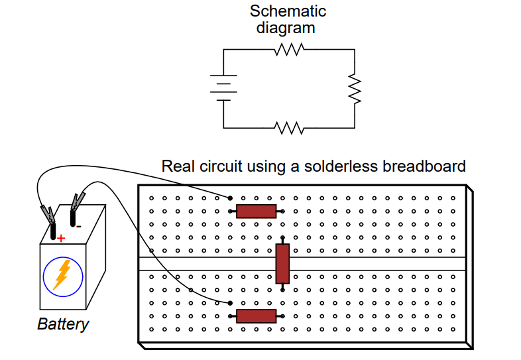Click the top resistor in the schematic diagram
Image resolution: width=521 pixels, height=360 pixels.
(x=289, y=50)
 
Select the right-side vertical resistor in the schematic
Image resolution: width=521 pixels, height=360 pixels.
(x=356, y=89)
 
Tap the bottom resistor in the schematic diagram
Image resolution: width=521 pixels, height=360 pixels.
(x=289, y=127)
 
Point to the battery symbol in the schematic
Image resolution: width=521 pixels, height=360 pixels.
(x=223, y=88)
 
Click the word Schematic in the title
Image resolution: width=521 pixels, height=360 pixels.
(x=288, y=11)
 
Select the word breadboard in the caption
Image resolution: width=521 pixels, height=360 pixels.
(x=424, y=166)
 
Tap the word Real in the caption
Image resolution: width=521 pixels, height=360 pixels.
(x=176, y=166)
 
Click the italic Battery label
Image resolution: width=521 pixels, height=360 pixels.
(x=62, y=325)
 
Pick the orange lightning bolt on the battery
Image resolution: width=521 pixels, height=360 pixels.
(x=62, y=274)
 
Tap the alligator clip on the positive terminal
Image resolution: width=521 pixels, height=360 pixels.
(x=48, y=215)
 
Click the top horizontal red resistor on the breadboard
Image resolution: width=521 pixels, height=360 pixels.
(x=257, y=211)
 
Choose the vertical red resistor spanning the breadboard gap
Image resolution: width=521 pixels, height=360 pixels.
(x=283, y=263)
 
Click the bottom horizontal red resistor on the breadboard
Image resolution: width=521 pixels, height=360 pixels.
(x=257, y=316)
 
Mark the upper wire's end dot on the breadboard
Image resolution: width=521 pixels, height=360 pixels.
(x=230, y=198)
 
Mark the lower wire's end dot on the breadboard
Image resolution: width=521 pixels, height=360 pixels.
(x=230, y=303)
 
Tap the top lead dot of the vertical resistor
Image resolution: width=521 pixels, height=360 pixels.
(x=283, y=238)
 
